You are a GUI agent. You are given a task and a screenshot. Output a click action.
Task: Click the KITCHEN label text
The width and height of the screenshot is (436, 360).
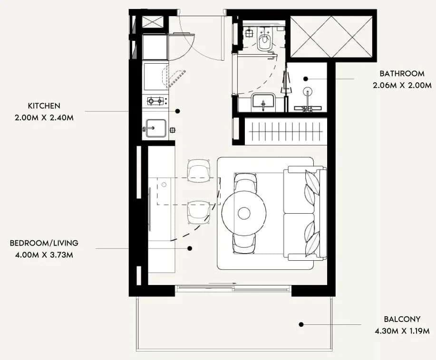(44, 106)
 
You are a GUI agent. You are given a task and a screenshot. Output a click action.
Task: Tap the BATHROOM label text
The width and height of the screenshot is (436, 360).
(402, 74)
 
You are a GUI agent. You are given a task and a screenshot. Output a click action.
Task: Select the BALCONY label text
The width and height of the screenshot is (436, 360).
(402, 319)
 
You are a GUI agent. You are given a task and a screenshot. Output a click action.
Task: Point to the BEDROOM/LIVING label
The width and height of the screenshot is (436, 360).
(44, 243)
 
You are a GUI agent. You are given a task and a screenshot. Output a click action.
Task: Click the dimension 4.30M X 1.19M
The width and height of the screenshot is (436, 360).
(402, 331)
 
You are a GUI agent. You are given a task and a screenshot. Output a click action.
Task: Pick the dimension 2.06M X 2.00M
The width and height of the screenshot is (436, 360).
(402, 85)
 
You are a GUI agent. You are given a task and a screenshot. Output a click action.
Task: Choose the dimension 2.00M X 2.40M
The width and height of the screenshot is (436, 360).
(44, 118)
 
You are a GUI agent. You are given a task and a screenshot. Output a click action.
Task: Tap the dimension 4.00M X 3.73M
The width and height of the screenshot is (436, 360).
(44, 255)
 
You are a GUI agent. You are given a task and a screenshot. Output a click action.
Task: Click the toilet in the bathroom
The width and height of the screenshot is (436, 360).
(264, 39)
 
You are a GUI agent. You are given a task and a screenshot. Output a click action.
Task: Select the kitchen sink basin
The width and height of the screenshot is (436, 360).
(156, 128)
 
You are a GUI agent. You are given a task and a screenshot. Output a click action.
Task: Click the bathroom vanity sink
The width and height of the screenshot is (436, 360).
(263, 102)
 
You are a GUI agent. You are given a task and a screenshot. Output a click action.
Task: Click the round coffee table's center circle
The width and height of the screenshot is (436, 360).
(244, 213)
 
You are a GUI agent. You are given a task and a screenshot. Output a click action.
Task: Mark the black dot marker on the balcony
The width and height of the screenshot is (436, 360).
(301, 324)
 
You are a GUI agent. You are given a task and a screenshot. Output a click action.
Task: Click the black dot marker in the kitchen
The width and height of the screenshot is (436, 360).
(177, 111)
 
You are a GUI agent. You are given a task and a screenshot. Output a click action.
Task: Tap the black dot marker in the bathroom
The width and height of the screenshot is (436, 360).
(306, 79)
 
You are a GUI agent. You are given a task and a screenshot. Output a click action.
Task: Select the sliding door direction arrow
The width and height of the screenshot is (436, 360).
(223, 284)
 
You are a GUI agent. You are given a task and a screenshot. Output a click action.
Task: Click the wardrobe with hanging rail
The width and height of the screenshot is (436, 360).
(286, 131)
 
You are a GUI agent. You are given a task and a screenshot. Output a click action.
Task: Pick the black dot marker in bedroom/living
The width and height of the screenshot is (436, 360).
(190, 248)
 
